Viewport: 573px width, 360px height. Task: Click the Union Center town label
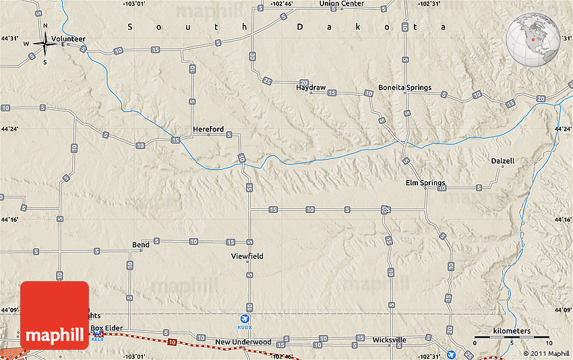341,3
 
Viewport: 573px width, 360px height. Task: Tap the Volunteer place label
69,39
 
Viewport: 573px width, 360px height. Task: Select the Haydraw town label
311,88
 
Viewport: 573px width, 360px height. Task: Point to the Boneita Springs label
404,88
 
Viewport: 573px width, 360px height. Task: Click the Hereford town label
208,129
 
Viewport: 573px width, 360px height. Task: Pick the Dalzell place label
502,161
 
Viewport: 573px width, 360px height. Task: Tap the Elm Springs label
425,183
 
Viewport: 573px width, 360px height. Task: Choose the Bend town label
141,245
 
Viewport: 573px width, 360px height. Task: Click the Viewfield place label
247,256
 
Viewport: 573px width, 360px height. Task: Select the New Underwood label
243,342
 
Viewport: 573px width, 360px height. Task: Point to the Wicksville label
390,340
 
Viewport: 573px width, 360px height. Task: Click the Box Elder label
107,328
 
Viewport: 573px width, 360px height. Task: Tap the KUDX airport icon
244,319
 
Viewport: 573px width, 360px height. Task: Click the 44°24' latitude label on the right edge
563,128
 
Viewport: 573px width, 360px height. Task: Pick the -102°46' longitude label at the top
282,3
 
